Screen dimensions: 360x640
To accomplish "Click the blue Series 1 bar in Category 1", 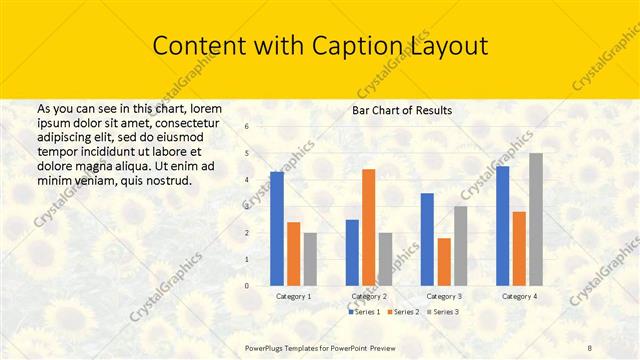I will [277, 229].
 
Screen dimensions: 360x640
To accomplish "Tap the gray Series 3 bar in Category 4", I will [536, 219].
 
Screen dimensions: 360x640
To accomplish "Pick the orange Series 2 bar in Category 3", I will [444, 262].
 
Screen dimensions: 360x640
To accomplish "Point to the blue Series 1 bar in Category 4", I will [502, 226].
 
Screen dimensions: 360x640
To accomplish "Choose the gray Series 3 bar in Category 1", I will [310, 259].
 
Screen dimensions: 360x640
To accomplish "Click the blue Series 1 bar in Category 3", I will [427, 239].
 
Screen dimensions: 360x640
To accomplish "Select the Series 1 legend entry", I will [365, 312].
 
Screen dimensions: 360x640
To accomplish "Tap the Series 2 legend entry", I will [402, 312].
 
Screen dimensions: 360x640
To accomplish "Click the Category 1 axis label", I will [294, 297].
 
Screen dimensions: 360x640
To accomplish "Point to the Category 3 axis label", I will [444, 297].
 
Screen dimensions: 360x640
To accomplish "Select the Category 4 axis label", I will [519, 297].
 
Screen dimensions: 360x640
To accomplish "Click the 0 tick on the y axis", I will [261, 286].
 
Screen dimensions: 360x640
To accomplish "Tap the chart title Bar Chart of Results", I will [402, 110].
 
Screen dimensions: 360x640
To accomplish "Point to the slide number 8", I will [590, 346].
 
